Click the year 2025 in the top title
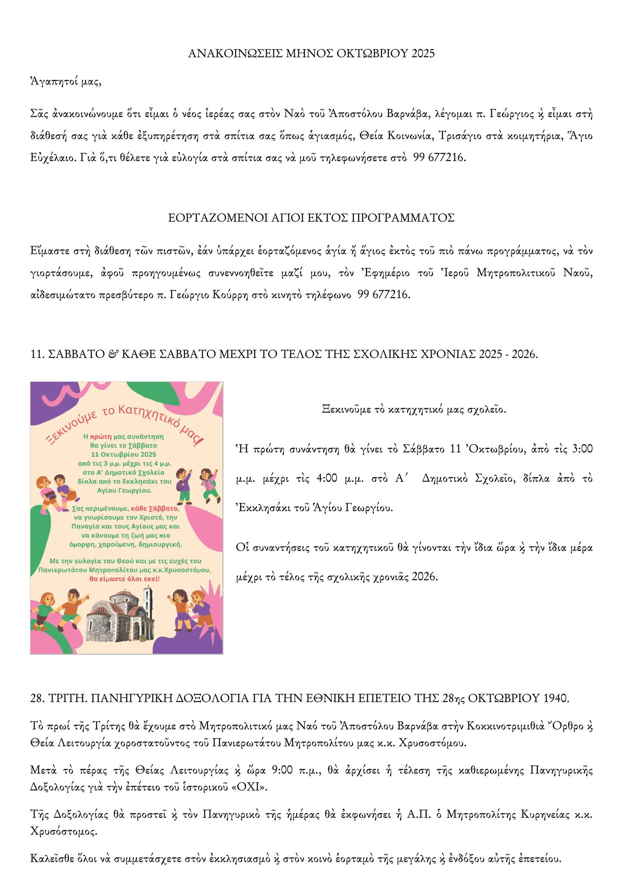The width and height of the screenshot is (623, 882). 423,53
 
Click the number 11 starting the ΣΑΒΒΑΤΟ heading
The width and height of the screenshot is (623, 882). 35,354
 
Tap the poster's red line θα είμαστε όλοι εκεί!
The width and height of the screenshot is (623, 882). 124,579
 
